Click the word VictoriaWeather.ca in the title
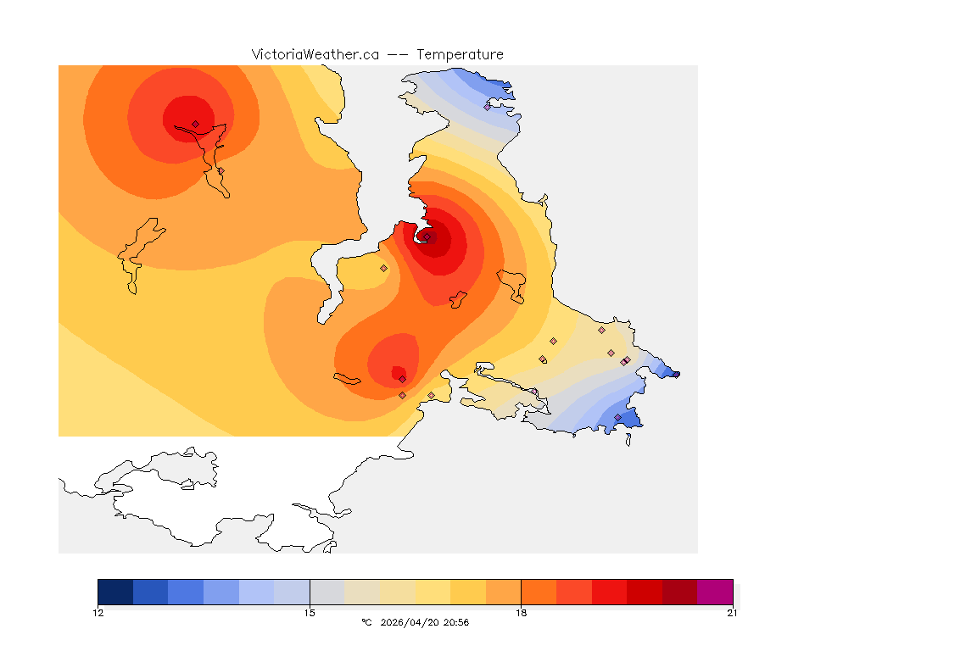315,54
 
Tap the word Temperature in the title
460,54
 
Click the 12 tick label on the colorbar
98,613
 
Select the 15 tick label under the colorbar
310,613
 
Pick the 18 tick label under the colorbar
521,613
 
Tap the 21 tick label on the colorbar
732,613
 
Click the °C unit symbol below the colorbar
366,623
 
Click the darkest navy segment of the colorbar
115,592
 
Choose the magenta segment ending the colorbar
715,592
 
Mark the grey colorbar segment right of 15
327,592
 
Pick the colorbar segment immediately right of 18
539,592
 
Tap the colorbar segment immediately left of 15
292,592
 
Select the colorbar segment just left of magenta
679,592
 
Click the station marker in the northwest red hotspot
195,124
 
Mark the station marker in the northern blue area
488,107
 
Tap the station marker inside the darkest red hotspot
428,237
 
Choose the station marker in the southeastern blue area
617,417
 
